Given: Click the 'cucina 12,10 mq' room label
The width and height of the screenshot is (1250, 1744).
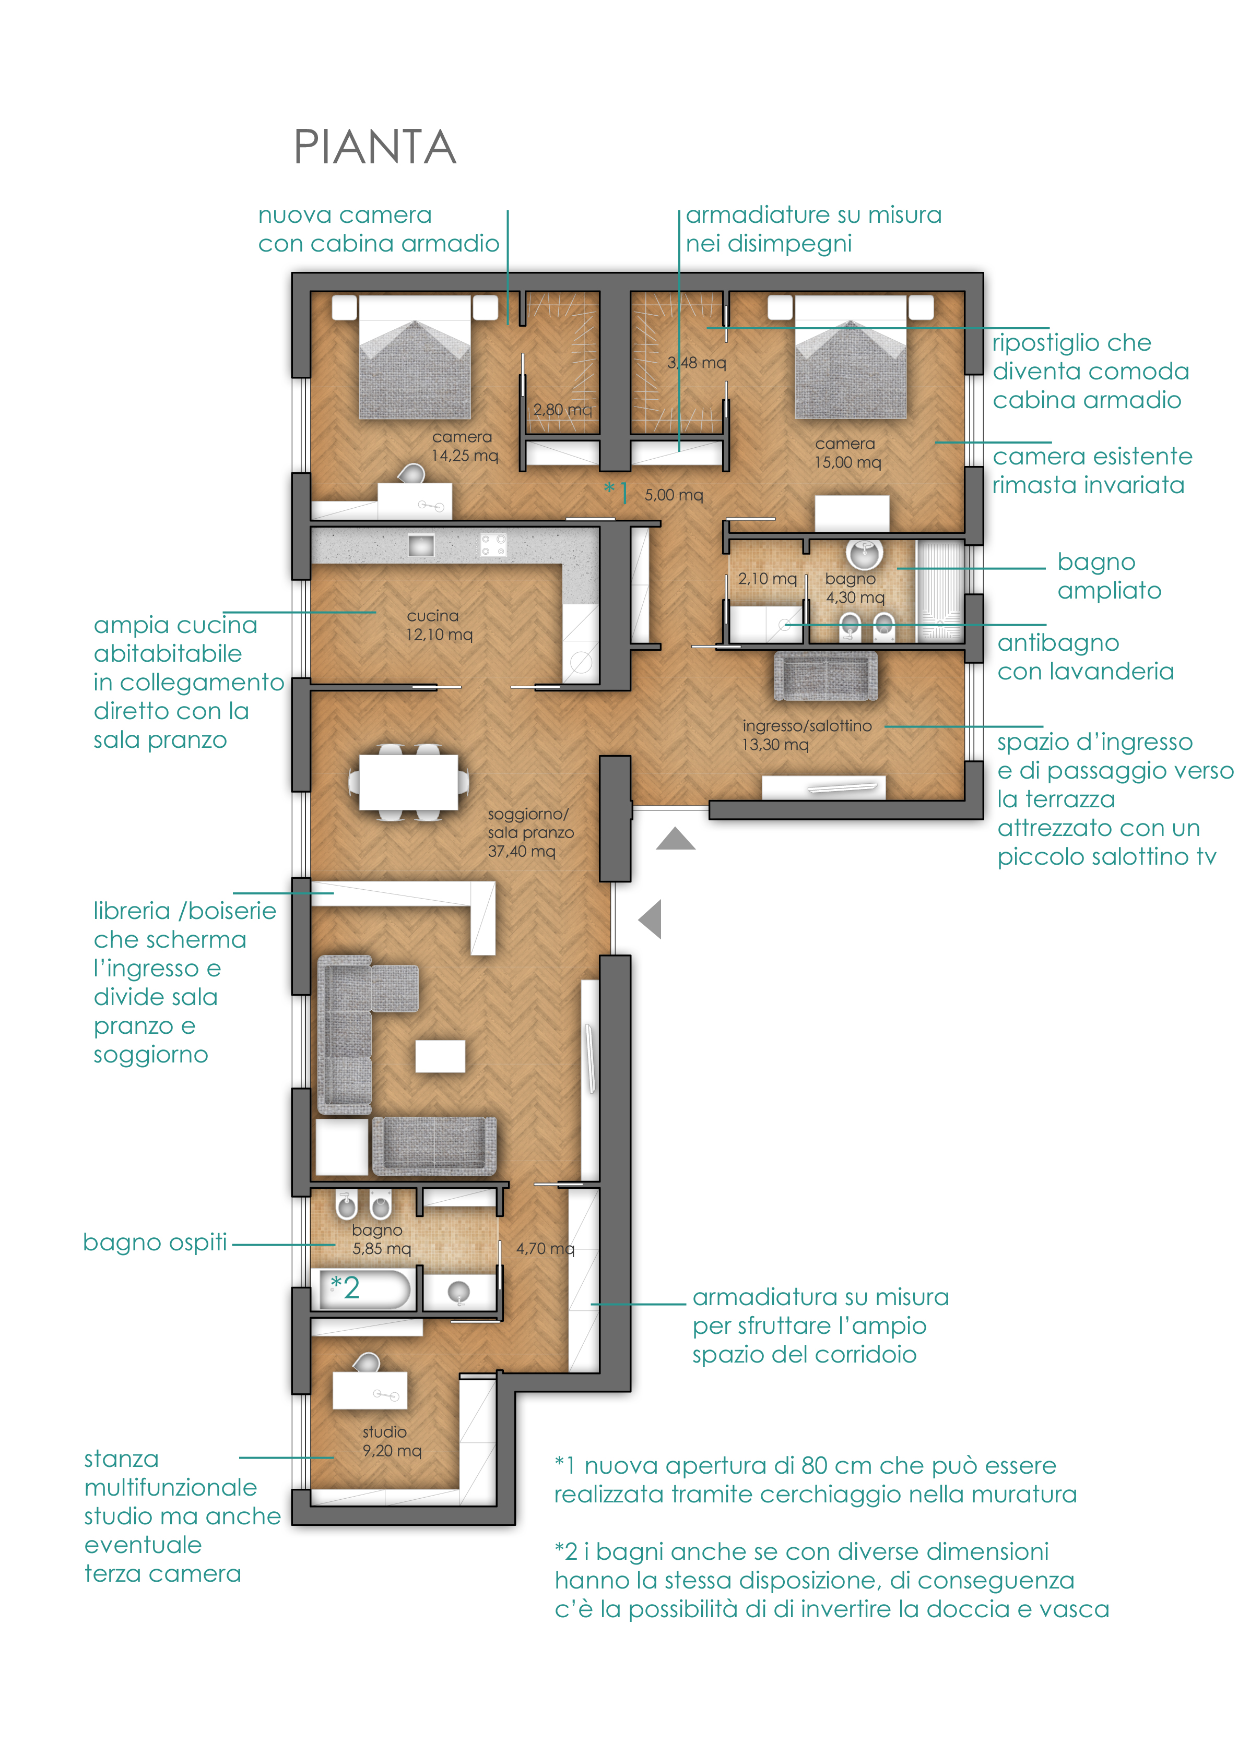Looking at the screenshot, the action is pyautogui.click(x=439, y=625).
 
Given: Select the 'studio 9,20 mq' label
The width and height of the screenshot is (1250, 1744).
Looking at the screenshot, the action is pyautogui.click(x=392, y=1441).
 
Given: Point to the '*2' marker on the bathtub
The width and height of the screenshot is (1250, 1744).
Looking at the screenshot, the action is pyautogui.click(x=345, y=1287).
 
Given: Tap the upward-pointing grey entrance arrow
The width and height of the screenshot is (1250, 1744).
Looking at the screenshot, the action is pyautogui.click(x=675, y=838).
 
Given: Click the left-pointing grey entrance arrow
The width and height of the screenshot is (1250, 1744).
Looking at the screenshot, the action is pyautogui.click(x=650, y=919).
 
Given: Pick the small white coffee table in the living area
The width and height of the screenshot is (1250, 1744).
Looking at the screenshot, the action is pyautogui.click(x=440, y=1056).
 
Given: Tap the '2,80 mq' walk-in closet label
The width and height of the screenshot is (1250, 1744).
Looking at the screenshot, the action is pyautogui.click(x=562, y=409).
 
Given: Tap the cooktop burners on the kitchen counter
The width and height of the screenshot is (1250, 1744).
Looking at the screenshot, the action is pyautogui.click(x=492, y=545).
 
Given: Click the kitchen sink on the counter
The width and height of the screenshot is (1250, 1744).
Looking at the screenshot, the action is pyautogui.click(x=421, y=545).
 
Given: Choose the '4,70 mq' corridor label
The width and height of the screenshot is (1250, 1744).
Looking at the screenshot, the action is pyautogui.click(x=545, y=1248).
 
